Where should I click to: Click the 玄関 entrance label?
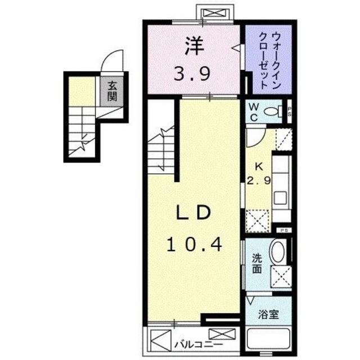click(x=112, y=91)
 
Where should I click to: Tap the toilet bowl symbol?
click(x=274, y=111)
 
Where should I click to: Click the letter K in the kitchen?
click(x=259, y=166)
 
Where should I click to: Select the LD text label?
click(x=194, y=213)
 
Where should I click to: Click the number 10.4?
click(x=194, y=244)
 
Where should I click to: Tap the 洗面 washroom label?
click(x=256, y=264)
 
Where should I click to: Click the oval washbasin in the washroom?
click(x=277, y=251)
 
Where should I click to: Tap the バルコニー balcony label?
click(x=197, y=343)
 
